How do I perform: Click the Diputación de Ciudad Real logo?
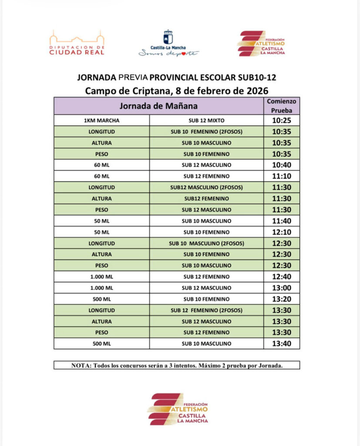77,43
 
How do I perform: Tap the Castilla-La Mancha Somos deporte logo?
168,44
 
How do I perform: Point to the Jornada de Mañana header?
158,106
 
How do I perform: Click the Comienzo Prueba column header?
282,106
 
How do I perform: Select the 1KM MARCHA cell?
101,120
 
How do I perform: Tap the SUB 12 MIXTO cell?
207,120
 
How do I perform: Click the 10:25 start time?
282,120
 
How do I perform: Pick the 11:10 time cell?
282,176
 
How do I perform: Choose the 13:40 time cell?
282,344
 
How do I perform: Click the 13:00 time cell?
282,288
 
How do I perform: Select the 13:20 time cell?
282,299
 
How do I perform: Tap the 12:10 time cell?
282,232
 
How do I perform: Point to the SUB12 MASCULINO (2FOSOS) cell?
207,187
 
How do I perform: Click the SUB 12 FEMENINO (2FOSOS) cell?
207,311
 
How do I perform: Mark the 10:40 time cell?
282,165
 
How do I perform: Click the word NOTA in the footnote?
80,365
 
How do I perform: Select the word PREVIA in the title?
133,78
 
